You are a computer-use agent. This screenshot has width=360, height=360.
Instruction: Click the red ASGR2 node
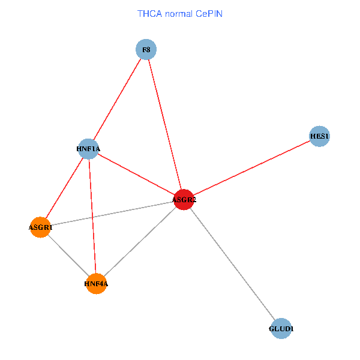184,200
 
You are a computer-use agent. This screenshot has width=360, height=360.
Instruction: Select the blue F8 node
146,50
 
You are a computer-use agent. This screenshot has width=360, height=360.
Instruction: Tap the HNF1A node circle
88,149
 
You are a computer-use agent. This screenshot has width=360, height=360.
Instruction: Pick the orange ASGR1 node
40,227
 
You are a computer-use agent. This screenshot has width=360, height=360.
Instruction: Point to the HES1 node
319,137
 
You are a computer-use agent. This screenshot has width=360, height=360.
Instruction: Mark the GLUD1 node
281,329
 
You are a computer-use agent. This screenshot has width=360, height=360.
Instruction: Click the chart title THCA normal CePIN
180,13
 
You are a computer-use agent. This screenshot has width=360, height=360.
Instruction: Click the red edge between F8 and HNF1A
117,99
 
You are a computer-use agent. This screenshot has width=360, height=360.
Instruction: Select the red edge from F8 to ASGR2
165,125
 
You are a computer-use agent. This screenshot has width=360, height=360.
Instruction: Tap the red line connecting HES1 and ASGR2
252,168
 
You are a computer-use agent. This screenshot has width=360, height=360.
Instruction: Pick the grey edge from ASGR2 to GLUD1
233,265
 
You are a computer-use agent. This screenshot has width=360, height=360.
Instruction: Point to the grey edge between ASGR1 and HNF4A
68,256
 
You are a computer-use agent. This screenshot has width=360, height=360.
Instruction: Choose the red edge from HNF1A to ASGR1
64,188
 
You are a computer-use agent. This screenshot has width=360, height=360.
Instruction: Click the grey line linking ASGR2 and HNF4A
140,242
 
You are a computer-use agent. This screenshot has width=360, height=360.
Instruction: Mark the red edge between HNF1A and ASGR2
136,174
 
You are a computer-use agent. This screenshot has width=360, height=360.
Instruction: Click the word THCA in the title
149,13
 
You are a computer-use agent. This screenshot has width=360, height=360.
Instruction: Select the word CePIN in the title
209,13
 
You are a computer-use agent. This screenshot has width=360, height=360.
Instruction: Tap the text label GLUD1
281,329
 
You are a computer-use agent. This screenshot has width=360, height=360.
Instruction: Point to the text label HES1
319,137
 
